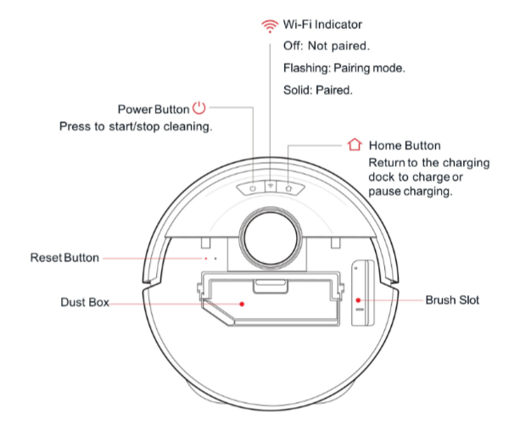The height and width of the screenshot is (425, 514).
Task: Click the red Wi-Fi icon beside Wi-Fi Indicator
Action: [x=271, y=26]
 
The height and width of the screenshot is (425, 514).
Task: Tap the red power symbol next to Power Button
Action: [x=198, y=109]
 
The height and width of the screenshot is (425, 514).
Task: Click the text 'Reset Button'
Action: [x=64, y=257]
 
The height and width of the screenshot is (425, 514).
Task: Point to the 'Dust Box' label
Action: [x=85, y=302]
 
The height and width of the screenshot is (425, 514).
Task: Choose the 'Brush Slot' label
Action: [x=454, y=300]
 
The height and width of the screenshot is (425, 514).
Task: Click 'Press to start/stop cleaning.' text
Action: [x=135, y=126]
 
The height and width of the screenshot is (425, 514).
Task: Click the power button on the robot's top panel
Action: [x=252, y=186]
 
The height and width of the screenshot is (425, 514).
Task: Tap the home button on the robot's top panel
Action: [x=289, y=186]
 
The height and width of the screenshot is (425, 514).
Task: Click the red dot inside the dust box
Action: [x=242, y=301]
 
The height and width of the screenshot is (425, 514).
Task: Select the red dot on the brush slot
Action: [x=358, y=299]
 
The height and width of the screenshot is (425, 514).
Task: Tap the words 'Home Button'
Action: [x=405, y=145]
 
